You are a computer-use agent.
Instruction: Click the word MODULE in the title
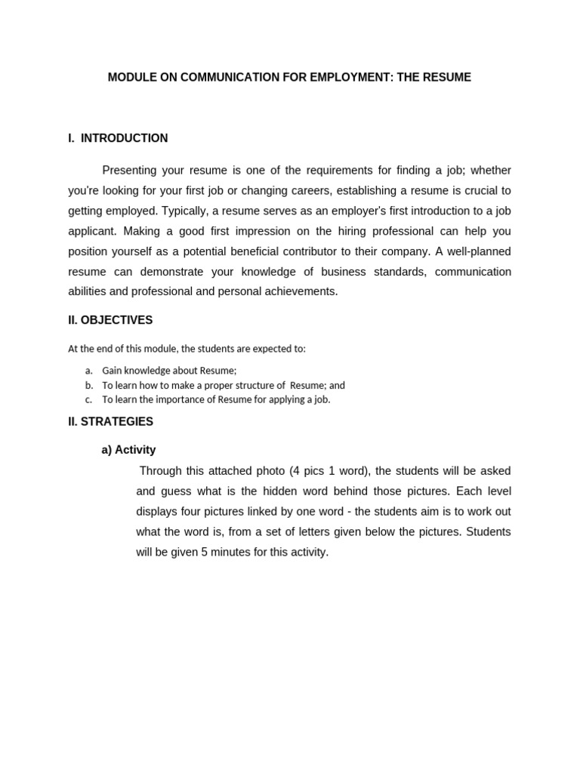point(130,78)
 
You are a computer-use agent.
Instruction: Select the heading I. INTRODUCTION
point(118,138)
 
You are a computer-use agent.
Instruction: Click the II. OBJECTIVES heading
point(110,320)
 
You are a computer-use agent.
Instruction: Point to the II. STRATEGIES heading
point(110,422)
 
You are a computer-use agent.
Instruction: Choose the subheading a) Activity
point(128,450)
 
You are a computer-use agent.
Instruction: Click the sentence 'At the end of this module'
point(187,349)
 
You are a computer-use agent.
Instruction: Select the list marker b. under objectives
point(88,385)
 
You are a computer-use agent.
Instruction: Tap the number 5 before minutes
point(204,553)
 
